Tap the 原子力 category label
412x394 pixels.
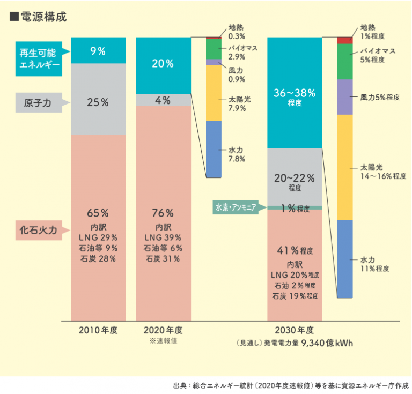(38, 102)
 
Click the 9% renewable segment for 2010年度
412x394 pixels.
(98, 51)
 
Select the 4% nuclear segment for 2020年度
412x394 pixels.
(163, 100)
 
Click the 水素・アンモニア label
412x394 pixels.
(236, 207)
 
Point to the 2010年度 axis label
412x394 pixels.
(98, 330)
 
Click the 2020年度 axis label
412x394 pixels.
(163, 330)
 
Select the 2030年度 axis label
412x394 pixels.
(295, 330)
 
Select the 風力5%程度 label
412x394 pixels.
(380, 98)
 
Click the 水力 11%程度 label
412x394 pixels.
(375, 264)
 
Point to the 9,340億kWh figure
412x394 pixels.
(327, 343)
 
